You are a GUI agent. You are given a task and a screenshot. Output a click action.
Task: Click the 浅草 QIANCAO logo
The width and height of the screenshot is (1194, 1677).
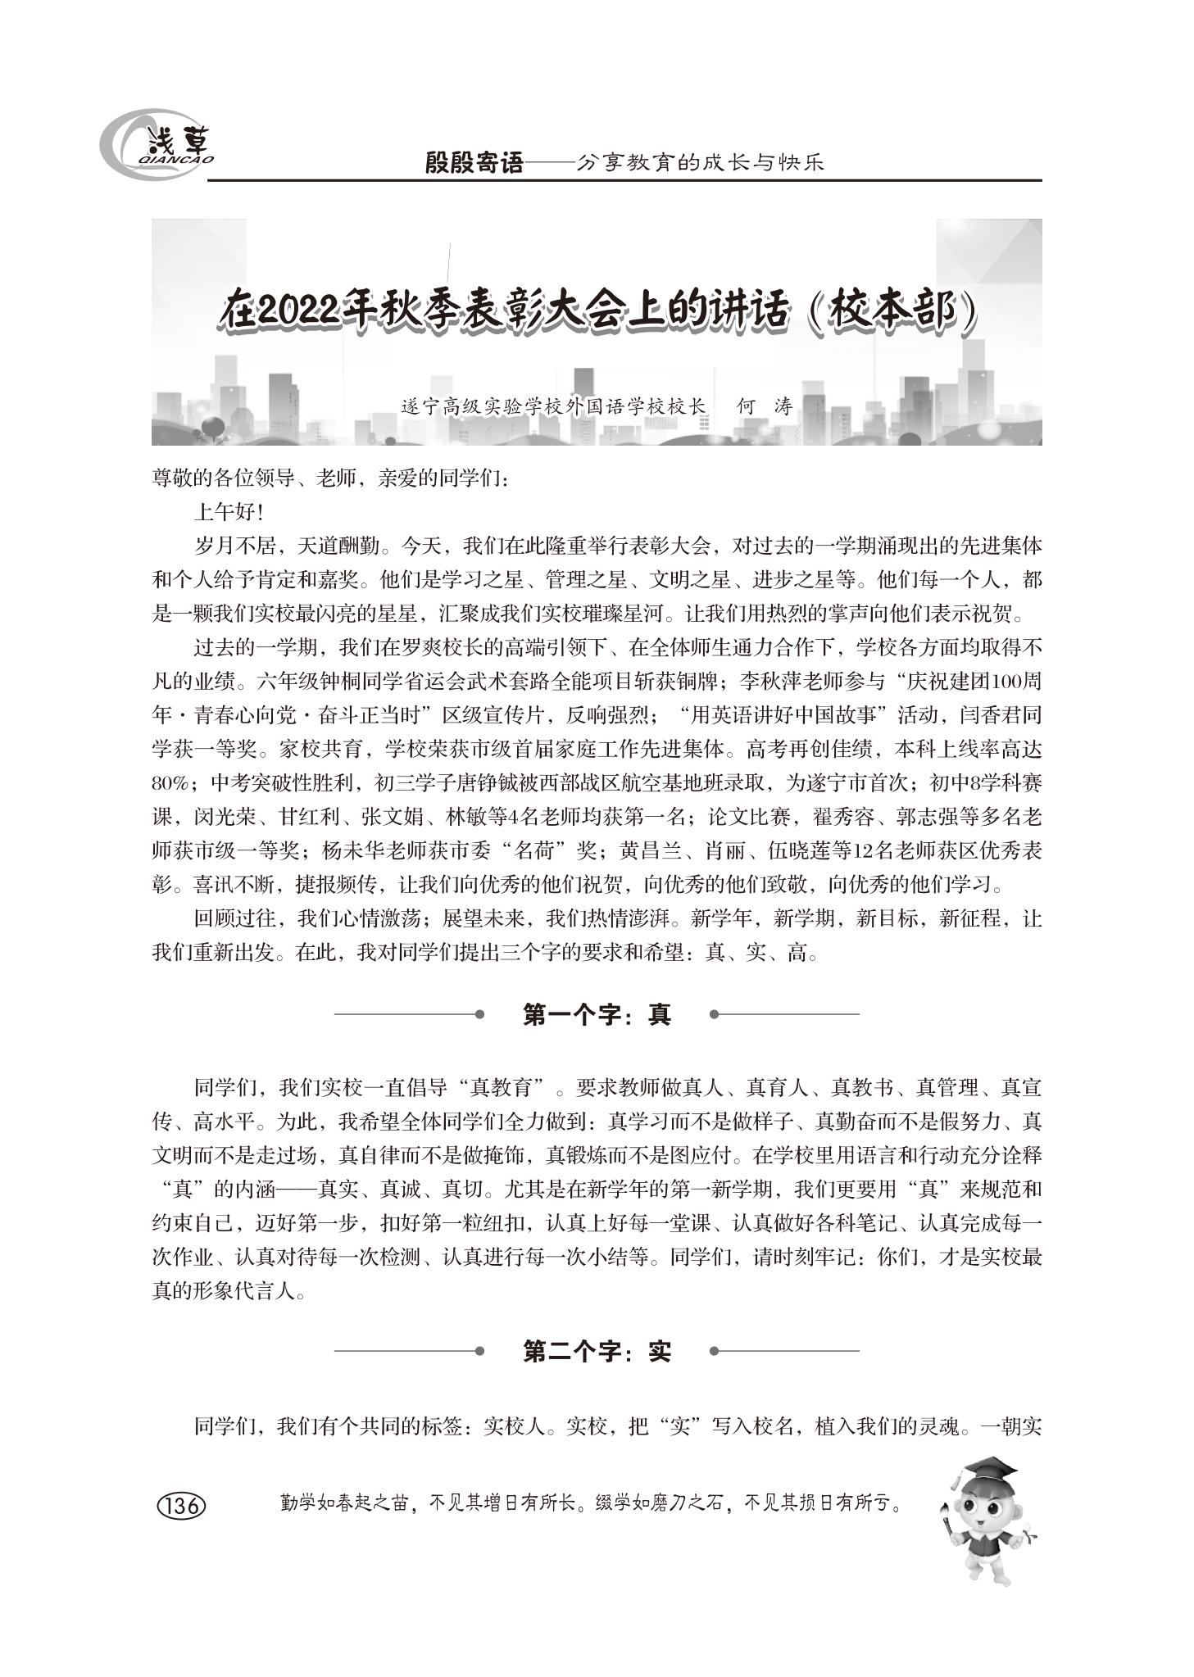coord(157,143)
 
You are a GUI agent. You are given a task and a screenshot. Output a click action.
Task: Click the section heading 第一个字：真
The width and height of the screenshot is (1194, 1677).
coord(597,1015)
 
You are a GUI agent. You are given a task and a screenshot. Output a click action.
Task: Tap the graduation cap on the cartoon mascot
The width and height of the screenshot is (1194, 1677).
coord(988,1467)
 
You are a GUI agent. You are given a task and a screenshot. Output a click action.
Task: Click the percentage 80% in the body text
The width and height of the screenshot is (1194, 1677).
coord(170,783)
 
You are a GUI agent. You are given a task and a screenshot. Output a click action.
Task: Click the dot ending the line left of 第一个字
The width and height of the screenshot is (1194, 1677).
coord(479,1014)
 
